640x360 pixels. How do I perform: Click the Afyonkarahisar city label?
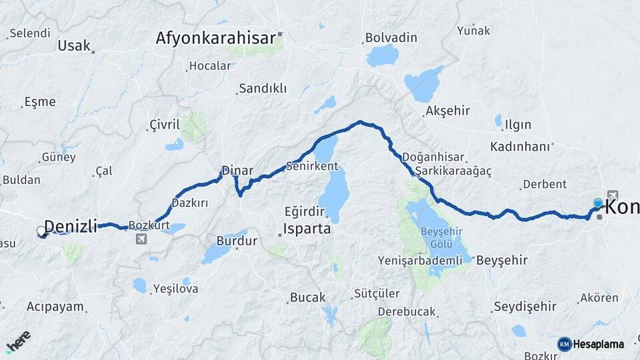tap(215, 38)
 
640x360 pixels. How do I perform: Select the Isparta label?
tap(307, 229)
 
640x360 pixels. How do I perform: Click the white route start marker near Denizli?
tap(41, 231)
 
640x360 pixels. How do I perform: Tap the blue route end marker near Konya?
tap(598, 203)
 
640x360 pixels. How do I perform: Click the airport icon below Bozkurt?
tap(141, 239)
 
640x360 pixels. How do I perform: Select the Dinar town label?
tap(237, 171)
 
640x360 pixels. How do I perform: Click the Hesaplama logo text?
tap(598, 345)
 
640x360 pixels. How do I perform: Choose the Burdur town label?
tap(237, 241)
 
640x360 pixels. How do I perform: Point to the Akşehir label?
tap(447, 111)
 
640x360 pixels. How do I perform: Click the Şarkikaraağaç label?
tap(453, 172)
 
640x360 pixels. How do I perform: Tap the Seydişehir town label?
tap(525, 307)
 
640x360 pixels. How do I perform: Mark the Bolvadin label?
tap(391, 38)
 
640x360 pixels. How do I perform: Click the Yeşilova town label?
tap(175, 289)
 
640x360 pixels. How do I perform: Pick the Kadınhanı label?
tap(521, 146)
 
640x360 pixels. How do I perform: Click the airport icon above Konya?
tap(612, 195)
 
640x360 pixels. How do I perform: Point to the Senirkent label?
tap(311, 165)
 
